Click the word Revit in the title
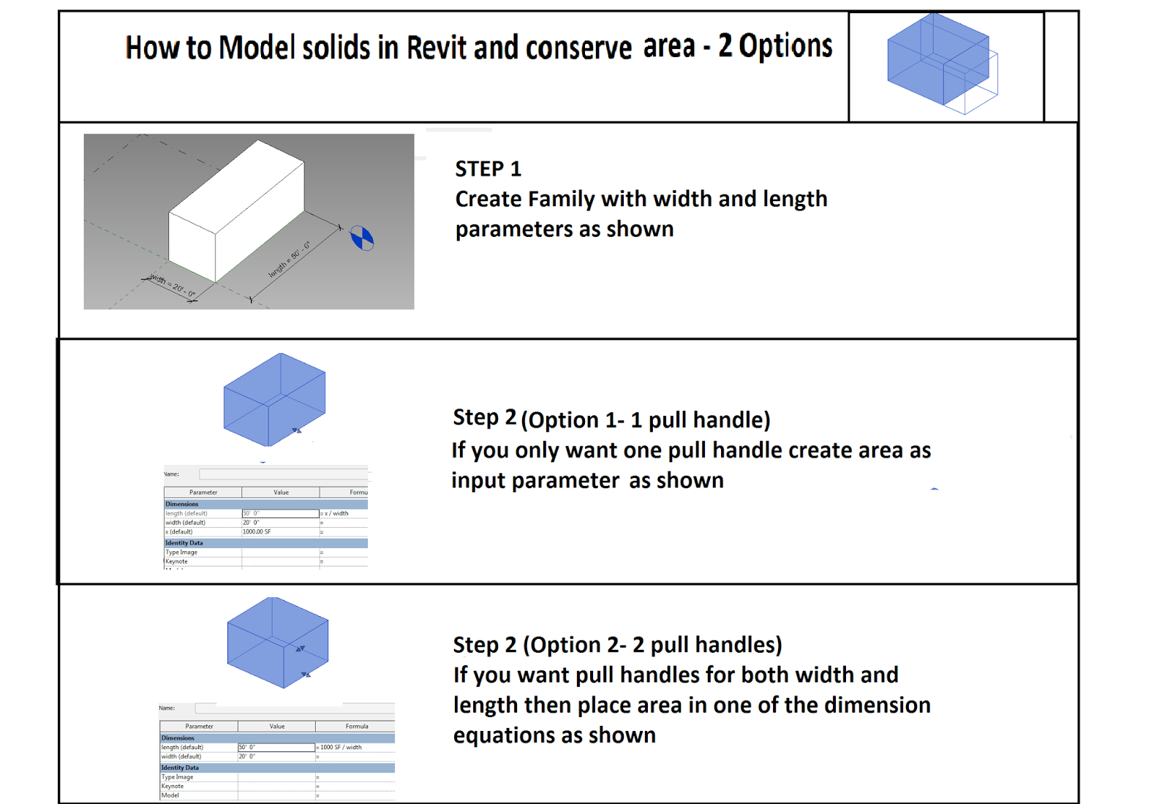[437, 48]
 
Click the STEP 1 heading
[488, 169]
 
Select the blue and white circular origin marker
[362, 238]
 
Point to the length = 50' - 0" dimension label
[289, 259]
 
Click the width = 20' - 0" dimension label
[173, 286]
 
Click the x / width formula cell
[337, 513]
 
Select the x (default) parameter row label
[179, 532]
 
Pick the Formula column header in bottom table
[356, 726]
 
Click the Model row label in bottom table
[170, 795]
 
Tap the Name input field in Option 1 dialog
[282, 474]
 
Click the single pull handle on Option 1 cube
[297, 431]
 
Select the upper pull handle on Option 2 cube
[300, 648]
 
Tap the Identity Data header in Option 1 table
[184, 543]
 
